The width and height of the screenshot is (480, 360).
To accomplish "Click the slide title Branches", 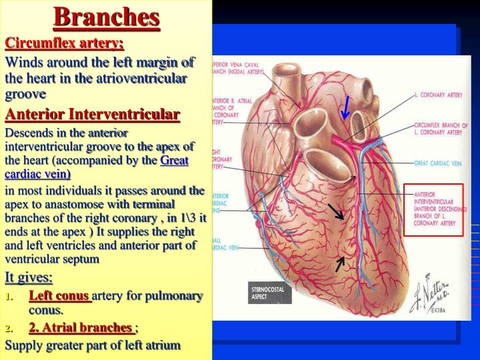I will tap(107, 16).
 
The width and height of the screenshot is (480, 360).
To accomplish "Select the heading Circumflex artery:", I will tap(65, 43).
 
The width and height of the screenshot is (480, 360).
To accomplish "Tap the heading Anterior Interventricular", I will tap(93, 114).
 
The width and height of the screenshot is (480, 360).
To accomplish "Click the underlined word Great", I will tap(175, 160).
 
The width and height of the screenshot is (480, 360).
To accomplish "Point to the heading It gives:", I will tap(29, 277).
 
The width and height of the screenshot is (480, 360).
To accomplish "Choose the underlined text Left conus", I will tap(59, 295).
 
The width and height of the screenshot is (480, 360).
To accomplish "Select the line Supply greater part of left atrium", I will tap(93, 345).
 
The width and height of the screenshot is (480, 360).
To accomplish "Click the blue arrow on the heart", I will tap(345, 109).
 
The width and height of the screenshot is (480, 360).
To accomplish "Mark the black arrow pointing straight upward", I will tap(340, 264).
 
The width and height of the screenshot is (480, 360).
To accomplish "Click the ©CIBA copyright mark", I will tap(437, 311).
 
